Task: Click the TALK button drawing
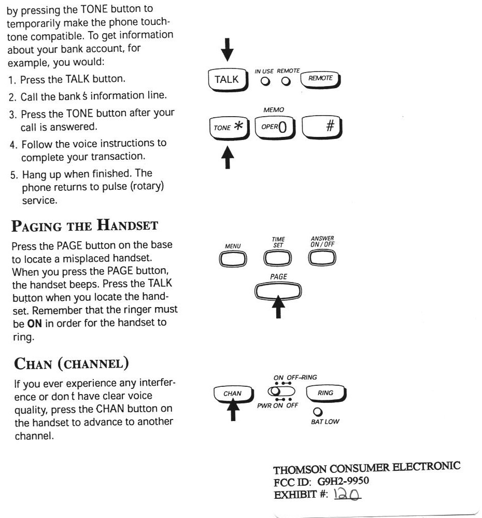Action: [x=227, y=79]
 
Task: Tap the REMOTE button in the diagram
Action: [x=320, y=78]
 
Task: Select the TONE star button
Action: [x=228, y=127]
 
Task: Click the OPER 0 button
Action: [x=275, y=127]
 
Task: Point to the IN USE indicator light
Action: [x=265, y=81]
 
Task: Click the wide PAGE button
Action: [x=279, y=291]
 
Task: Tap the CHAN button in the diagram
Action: [x=233, y=394]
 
